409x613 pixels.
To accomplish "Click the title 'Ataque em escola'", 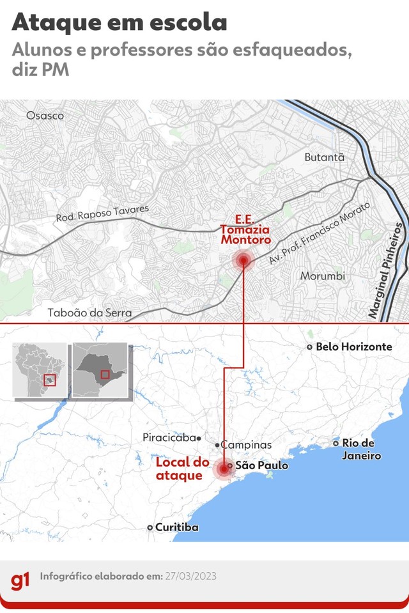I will coord(120,23).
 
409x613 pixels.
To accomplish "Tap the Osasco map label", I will coord(45,116).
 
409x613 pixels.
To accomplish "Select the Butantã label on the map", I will coord(324,157).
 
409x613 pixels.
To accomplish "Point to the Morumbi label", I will coord(323,276).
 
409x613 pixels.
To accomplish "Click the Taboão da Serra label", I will coord(89,313).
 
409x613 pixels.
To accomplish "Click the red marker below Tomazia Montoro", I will coord(243,260).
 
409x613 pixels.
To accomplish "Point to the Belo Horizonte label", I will coord(353,346).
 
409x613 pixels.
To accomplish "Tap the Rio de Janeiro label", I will coord(360,449).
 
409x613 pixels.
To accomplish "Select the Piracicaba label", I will coord(169,438).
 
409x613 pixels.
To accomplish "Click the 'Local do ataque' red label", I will coord(183,469).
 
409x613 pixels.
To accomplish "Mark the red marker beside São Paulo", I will coord(222,469).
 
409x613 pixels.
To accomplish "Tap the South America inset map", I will coord(40,369).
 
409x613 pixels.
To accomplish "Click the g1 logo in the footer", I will coord(20,581).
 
